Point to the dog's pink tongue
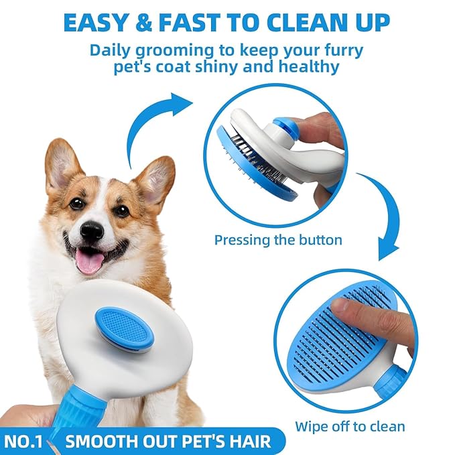89,261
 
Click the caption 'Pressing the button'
277,239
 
